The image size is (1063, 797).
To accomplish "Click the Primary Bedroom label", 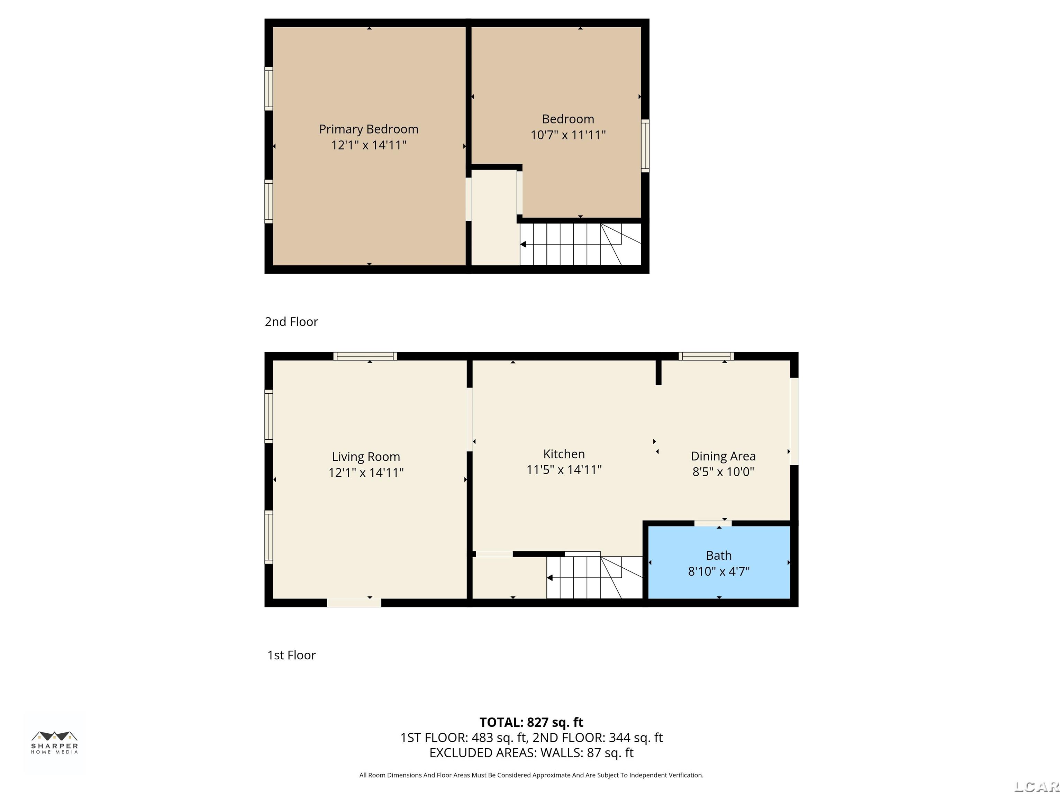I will pyautogui.click(x=369, y=129).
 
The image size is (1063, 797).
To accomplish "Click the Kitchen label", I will pyautogui.click(x=564, y=454).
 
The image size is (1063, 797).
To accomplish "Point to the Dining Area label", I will pyautogui.click(x=723, y=456).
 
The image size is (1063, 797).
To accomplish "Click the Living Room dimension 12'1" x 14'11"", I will pyautogui.click(x=366, y=473).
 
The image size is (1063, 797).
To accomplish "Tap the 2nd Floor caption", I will pyautogui.click(x=291, y=322).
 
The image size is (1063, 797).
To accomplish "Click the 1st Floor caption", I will pyautogui.click(x=291, y=655).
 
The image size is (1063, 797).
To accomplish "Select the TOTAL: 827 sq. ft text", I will pyautogui.click(x=531, y=723).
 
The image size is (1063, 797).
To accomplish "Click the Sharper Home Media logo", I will pyautogui.click(x=54, y=742).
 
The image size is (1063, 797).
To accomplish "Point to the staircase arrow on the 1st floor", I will pyautogui.click(x=550, y=578).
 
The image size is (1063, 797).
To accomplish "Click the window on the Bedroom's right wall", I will pyautogui.click(x=645, y=146).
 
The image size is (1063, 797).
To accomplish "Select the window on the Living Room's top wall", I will pyautogui.click(x=365, y=356).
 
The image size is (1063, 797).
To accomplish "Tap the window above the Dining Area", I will pyautogui.click(x=706, y=356).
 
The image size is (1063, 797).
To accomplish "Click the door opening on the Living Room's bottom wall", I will pyautogui.click(x=354, y=603).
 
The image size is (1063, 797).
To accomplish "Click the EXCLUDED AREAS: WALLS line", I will pyautogui.click(x=531, y=753).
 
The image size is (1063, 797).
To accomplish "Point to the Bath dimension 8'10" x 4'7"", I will pyautogui.click(x=719, y=572).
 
